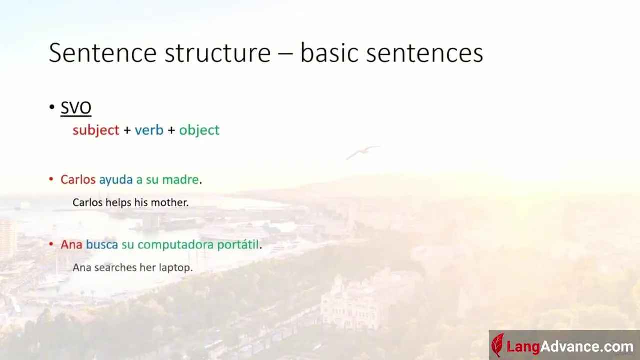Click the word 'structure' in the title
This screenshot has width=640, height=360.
[217, 53]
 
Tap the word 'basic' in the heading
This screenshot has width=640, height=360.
[329, 52]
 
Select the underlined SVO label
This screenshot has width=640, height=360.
[76, 107]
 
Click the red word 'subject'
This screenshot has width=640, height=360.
[96, 130]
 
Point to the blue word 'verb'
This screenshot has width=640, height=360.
[149, 130]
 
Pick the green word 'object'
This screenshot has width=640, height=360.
[199, 130]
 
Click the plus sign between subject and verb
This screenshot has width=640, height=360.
[127, 130]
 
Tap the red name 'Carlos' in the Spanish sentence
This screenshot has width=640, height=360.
[78, 179]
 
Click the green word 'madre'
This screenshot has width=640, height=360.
[180, 179]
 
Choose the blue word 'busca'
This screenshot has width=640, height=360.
[102, 244]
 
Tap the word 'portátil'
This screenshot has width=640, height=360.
[238, 245]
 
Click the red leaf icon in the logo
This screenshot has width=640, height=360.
[497, 345]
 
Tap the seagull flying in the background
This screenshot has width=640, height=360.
[363, 152]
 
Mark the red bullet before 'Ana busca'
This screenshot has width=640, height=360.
[51, 244]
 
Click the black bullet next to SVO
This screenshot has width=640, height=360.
[51, 107]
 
